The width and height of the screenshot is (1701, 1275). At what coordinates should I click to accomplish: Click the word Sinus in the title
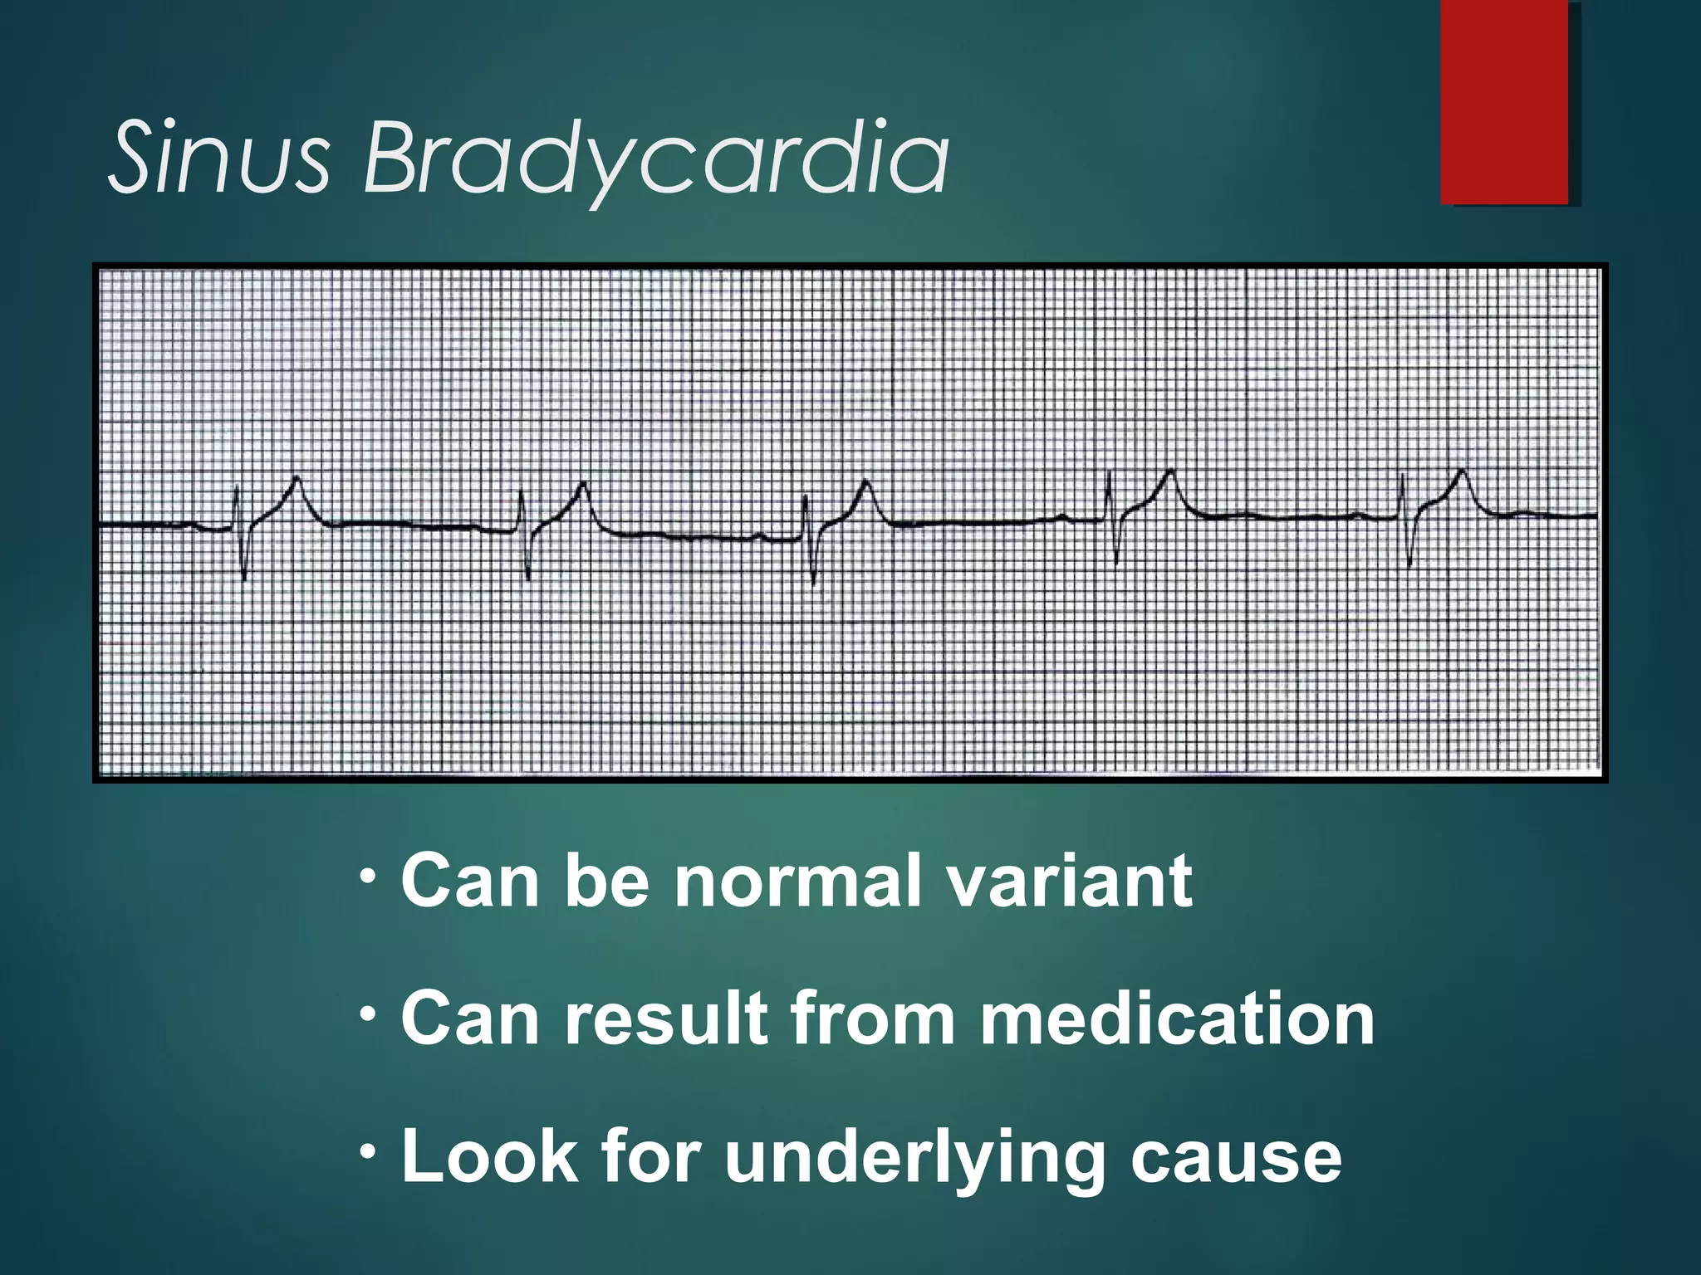(219, 157)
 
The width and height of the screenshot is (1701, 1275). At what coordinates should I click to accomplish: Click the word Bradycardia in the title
(655, 157)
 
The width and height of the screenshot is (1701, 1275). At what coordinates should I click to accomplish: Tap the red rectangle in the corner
(1504, 102)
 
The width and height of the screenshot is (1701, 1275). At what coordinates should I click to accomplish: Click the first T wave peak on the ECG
(297, 478)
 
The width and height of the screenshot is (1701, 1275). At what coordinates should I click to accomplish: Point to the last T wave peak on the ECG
(1462, 471)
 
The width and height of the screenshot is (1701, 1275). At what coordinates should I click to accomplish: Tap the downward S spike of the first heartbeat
(244, 577)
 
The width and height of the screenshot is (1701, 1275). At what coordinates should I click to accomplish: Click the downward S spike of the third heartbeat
(813, 583)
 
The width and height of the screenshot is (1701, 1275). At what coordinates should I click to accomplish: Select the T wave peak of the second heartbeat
(584, 484)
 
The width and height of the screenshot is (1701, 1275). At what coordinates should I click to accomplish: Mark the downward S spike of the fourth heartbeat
(1117, 563)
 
